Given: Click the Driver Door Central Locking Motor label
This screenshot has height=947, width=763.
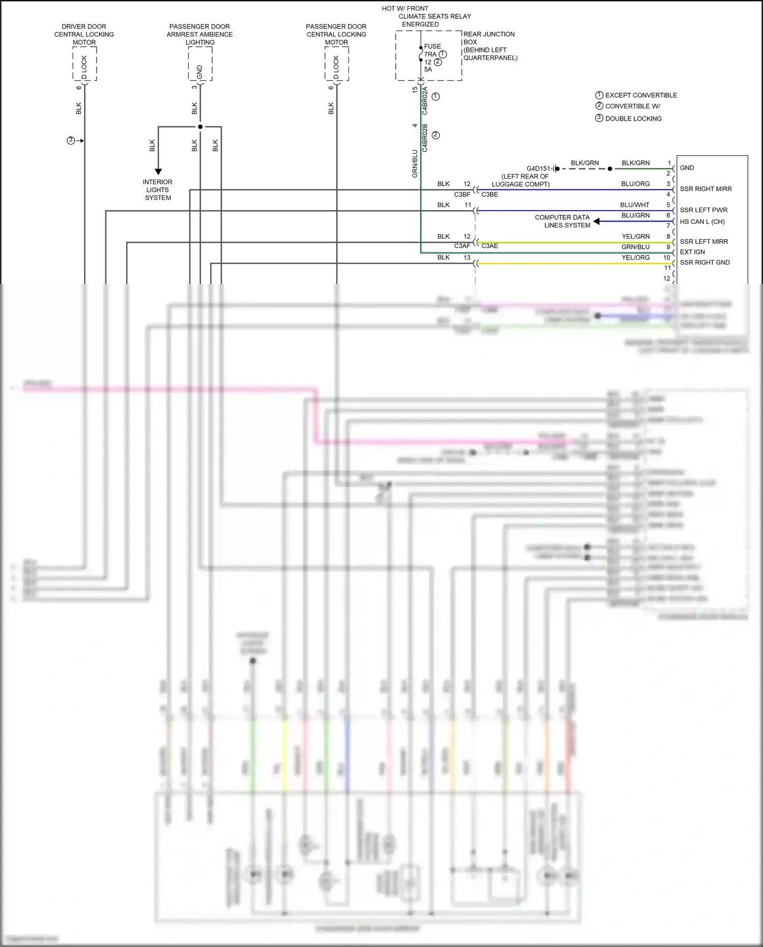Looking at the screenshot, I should pos(84,34).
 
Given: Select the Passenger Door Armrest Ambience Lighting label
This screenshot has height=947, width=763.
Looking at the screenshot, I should pos(199,34).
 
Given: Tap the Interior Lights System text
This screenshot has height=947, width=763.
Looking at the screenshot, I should pos(158,190).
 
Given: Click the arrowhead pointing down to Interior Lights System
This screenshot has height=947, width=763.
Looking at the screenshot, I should pos(158,171).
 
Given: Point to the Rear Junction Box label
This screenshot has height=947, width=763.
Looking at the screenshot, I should pos(489,46).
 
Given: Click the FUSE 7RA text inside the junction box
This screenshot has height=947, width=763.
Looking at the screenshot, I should pos(432,50).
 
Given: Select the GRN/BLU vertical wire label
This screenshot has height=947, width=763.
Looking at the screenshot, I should pos(415,163).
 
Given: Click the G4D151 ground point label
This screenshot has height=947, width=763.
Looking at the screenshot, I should pos(538,168).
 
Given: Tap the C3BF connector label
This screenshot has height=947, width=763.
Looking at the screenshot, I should pos(462,194).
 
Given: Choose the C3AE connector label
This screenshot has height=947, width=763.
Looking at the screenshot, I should pos(489,246).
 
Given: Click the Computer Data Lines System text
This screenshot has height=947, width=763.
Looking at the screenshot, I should pos(563,221).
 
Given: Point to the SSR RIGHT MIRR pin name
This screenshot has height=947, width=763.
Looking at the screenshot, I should pos(706,189).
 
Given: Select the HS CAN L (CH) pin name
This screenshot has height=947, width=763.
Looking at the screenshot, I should pos(702,221).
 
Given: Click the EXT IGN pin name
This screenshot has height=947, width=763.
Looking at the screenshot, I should pos(692,252).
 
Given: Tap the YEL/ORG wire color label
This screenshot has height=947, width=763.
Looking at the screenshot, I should pos(635,257).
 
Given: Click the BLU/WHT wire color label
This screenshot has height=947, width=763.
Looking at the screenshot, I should pos(635,205).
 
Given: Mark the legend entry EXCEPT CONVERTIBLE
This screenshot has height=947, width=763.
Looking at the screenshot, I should pos(640,95).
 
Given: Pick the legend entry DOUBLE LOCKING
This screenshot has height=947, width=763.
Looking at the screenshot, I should pos(633,119).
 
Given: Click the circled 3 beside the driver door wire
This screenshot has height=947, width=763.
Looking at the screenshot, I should pos(71,140).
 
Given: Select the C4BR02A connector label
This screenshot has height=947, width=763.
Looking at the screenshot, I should pos(425,100).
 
